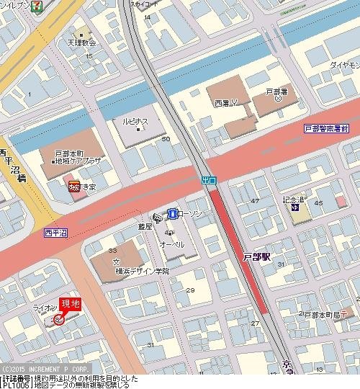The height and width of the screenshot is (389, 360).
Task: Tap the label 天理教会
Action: coord(82,43)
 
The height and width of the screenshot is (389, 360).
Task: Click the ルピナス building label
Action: coord(135,122)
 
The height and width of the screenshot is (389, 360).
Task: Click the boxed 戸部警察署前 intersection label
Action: coord(325,128)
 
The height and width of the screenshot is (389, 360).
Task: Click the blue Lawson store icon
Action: coord(173,213)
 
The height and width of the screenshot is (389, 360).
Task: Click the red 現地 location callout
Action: coord(70,305)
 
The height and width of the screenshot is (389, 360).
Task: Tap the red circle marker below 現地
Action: coord(58,319)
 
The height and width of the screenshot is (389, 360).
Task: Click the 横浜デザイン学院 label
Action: coord(141,271)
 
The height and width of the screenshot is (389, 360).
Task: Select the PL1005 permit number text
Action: coord(15,385)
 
